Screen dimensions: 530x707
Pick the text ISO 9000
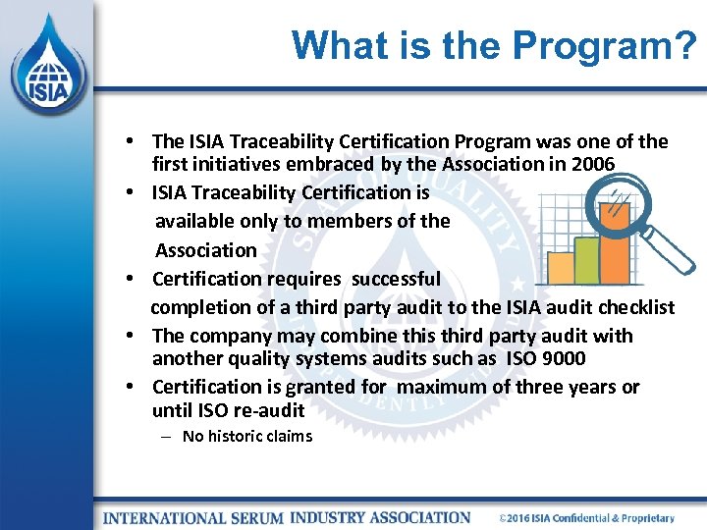pos(546,359)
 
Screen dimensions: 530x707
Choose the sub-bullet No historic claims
pos(246,436)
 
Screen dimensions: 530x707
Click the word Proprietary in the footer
pos(646,518)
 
